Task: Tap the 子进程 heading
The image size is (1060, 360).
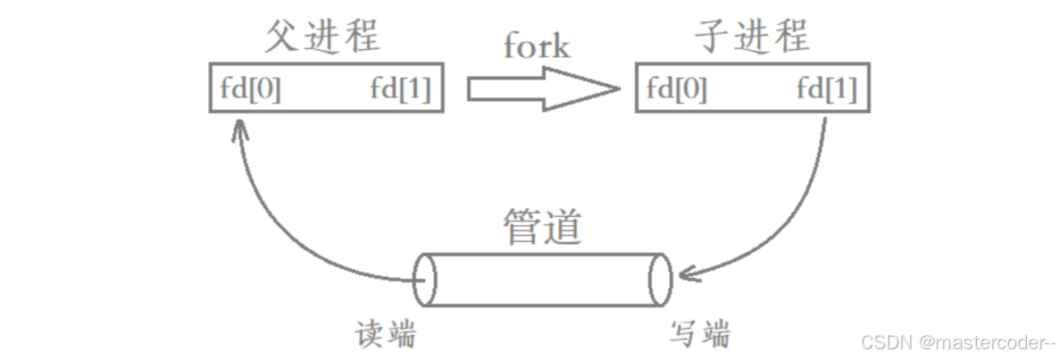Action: coord(752,37)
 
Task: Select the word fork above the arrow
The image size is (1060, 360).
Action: coord(536,45)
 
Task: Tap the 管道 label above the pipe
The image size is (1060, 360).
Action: coord(543,227)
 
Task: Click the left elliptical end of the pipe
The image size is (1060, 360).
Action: coord(425,278)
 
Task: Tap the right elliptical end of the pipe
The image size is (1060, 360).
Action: coord(661,278)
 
